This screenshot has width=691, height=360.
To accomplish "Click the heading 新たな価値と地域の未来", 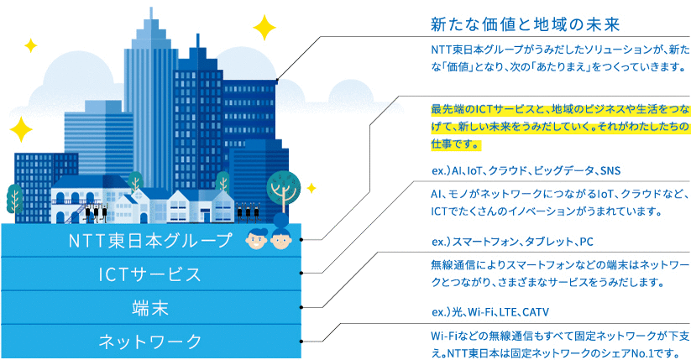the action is pyautogui.click(x=526, y=24).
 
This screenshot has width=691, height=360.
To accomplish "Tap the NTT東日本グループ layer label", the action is pyautogui.click(x=149, y=241).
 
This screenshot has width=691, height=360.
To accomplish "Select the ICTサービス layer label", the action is pyautogui.click(x=149, y=274).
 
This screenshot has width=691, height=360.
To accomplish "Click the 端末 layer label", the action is pyautogui.click(x=149, y=308).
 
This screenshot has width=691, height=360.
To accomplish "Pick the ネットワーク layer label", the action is pyautogui.click(x=149, y=341).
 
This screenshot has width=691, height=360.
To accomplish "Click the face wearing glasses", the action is pyautogui.click(x=257, y=239).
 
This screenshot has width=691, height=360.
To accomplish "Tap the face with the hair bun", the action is pyautogui.click(x=281, y=233).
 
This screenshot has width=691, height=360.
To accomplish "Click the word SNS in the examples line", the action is pyautogui.click(x=610, y=170).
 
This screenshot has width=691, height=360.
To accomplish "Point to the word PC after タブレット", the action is pyautogui.click(x=586, y=242).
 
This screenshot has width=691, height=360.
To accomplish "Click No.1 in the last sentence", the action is pyautogui.click(x=654, y=353).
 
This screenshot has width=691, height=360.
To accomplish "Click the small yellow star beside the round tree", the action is pyautogui.click(x=311, y=188).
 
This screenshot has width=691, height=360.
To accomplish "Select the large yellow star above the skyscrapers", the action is pyautogui.click(x=264, y=28).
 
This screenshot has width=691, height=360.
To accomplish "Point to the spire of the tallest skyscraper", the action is pyautogui.click(x=151, y=13).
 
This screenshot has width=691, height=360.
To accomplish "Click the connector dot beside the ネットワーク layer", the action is pyautogui.click(x=301, y=342).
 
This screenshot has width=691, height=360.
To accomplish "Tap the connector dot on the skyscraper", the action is pyautogui.click(x=277, y=80).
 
